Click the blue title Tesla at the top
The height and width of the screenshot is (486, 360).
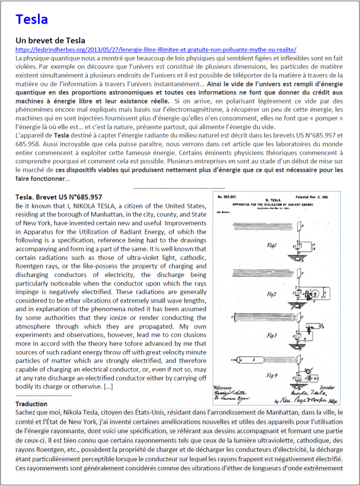(32, 19)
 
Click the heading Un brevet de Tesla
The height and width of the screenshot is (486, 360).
(50, 40)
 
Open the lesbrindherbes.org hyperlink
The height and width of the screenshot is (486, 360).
(156, 49)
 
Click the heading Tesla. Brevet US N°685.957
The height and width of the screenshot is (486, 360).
(58, 197)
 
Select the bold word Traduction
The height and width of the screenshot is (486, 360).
(31, 404)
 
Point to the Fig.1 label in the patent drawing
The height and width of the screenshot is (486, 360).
(272, 245)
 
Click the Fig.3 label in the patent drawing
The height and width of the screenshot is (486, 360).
(272, 335)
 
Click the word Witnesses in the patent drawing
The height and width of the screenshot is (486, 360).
(224, 387)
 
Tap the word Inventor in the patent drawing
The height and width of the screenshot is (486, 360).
(328, 387)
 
